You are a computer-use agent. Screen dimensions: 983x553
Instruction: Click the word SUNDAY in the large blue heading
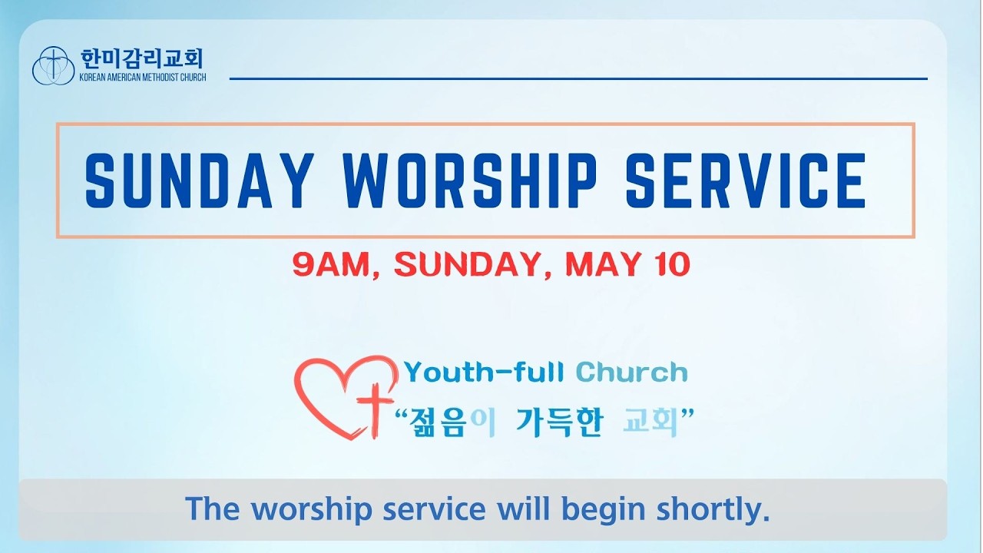coord(200,180)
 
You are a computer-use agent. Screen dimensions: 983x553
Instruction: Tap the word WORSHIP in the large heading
coord(468,180)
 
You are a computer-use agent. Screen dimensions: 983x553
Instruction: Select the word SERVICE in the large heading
coord(746,180)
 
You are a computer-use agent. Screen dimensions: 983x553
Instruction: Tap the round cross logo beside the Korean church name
coord(53,66)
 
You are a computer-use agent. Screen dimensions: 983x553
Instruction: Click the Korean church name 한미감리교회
coord(142,59)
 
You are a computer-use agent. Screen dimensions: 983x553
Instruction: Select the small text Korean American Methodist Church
coord(143,78)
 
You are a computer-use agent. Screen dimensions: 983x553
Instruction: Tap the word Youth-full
coord(484,373)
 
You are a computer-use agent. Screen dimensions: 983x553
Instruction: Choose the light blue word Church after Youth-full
coord(631,373)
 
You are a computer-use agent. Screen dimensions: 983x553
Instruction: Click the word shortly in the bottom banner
coord(713,509)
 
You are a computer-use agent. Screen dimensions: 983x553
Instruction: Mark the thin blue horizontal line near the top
coord(578,79)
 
